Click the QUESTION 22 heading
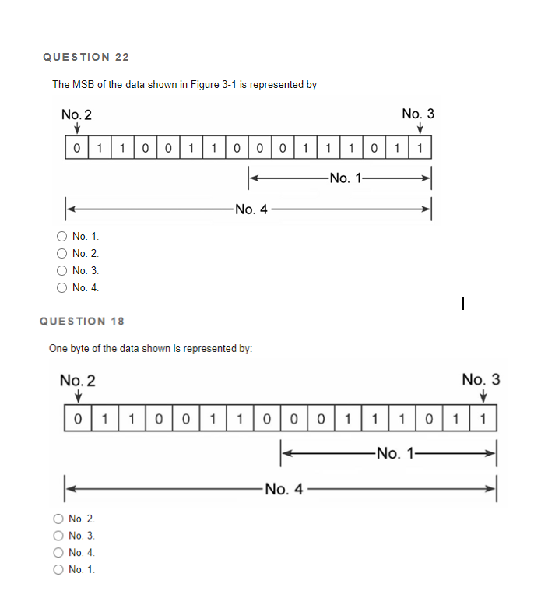(86, 57)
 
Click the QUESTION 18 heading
(82, 321)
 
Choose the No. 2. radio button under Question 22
(61, 254)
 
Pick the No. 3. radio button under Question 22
(61, 271)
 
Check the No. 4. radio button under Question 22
(61, 288)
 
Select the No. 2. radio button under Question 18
(58, 519)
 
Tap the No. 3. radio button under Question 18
(58, 536)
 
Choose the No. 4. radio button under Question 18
(58, 553)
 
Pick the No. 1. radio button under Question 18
(58, 570)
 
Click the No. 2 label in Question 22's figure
(76, 114)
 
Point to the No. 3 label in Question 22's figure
(418, 114)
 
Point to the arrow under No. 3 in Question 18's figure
(483, 397)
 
